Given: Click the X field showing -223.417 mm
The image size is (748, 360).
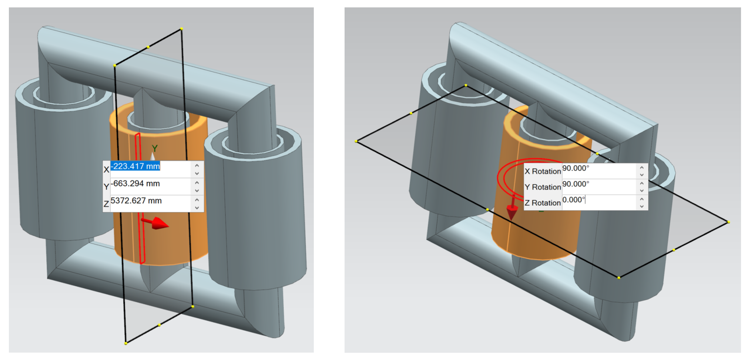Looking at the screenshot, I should coord(136,166).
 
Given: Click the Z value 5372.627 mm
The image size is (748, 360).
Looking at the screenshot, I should coord(136,201).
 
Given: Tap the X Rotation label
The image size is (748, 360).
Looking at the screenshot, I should coord(543,171).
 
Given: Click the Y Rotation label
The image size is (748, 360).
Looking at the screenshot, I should coord(543,187).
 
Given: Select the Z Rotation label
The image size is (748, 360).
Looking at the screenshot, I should coord(543,203).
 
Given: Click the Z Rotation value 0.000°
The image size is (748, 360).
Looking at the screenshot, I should coord(574,200).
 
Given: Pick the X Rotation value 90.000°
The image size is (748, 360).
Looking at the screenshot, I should coord(576,168).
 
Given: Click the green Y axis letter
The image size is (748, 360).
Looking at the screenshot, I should coord(155,148).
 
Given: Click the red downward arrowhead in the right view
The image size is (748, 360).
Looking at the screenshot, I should coord(512,213).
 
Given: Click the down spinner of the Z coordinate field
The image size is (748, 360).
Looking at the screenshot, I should coord(197,208).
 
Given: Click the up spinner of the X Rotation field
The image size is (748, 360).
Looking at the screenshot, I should coord(642,168).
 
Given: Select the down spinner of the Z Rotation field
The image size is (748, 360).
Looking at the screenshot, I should coord(642,206).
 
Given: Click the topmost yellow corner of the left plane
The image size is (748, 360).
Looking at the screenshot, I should coord(181,28).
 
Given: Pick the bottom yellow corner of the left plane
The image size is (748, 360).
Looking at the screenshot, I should coord(126,343).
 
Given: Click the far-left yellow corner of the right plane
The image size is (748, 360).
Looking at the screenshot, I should coord(356,141).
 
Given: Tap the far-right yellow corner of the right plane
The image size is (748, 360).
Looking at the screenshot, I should coord(728,222).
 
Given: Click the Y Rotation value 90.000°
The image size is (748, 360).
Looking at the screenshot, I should coord(576,184).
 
